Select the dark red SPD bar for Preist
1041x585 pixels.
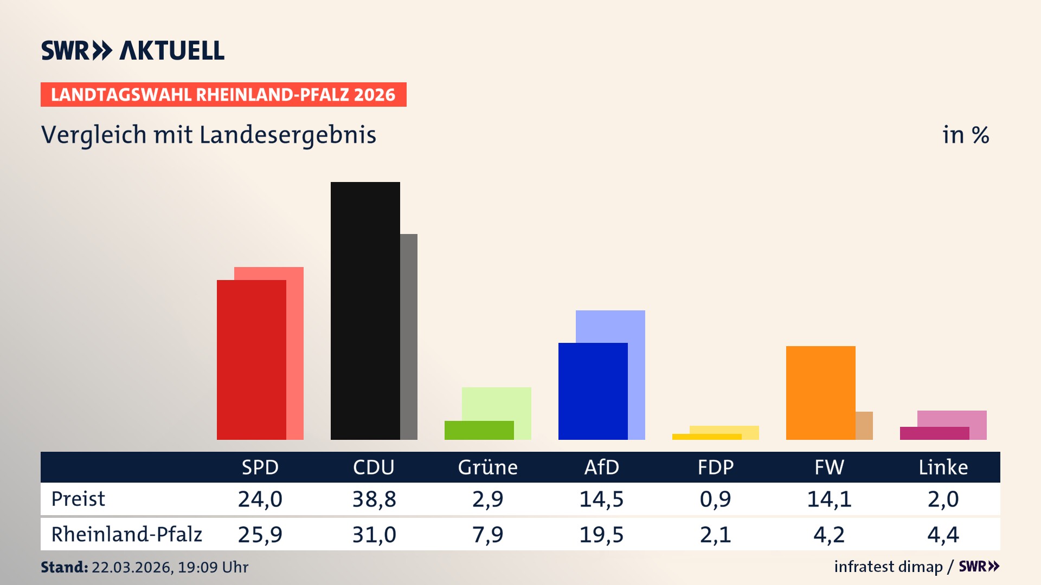click(251, 360)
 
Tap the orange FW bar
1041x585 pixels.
click(820, 393)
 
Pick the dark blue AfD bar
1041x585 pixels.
click(593, 391)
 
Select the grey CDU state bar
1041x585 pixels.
click(409, 336)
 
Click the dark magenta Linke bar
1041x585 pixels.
click(934, 433)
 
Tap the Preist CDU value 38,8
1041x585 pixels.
click(374, 499)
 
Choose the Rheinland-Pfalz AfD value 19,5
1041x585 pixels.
click(601, 535)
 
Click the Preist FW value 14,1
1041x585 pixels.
click(829, 499)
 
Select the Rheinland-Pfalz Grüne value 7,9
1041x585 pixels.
click(487, 535)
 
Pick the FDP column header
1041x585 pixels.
click(715, 467)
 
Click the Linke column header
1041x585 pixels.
click(943, 467)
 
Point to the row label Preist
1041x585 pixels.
click(78, 499)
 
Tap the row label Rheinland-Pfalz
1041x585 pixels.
click(126, 535)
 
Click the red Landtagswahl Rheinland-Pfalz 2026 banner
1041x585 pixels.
click(223, 95)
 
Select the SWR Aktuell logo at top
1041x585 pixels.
click(133, 50)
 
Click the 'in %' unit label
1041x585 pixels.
click(965, 135)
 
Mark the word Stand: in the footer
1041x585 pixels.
click(64, 567)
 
